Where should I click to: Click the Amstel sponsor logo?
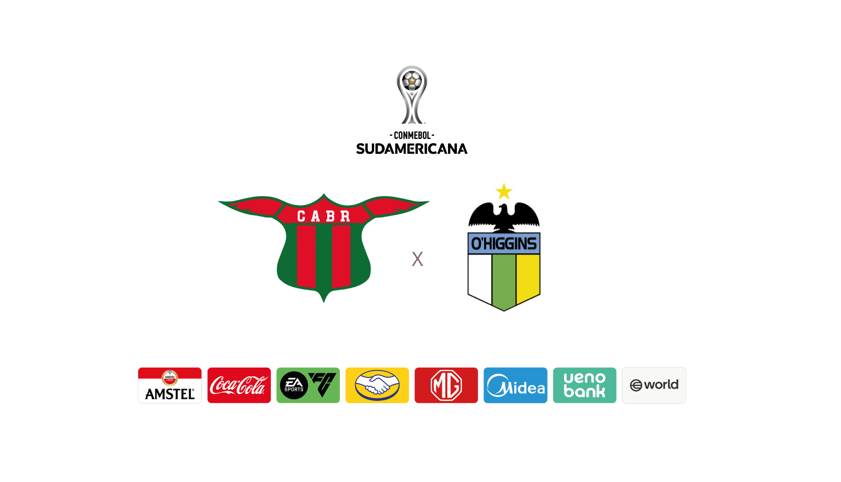170,385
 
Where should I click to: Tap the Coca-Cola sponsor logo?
239,385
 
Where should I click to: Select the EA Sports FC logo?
308,385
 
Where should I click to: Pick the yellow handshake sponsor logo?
377,385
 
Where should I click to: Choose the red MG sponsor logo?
446,385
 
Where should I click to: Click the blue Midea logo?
516,385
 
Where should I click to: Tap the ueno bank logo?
585,385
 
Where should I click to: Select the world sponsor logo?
654,385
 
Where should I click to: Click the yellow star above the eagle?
504,192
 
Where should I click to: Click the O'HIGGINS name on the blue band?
504,244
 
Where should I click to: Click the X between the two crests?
417,259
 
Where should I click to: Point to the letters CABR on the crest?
324,216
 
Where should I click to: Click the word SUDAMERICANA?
412,149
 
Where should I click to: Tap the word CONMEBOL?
412,135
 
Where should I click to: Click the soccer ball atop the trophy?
412,81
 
